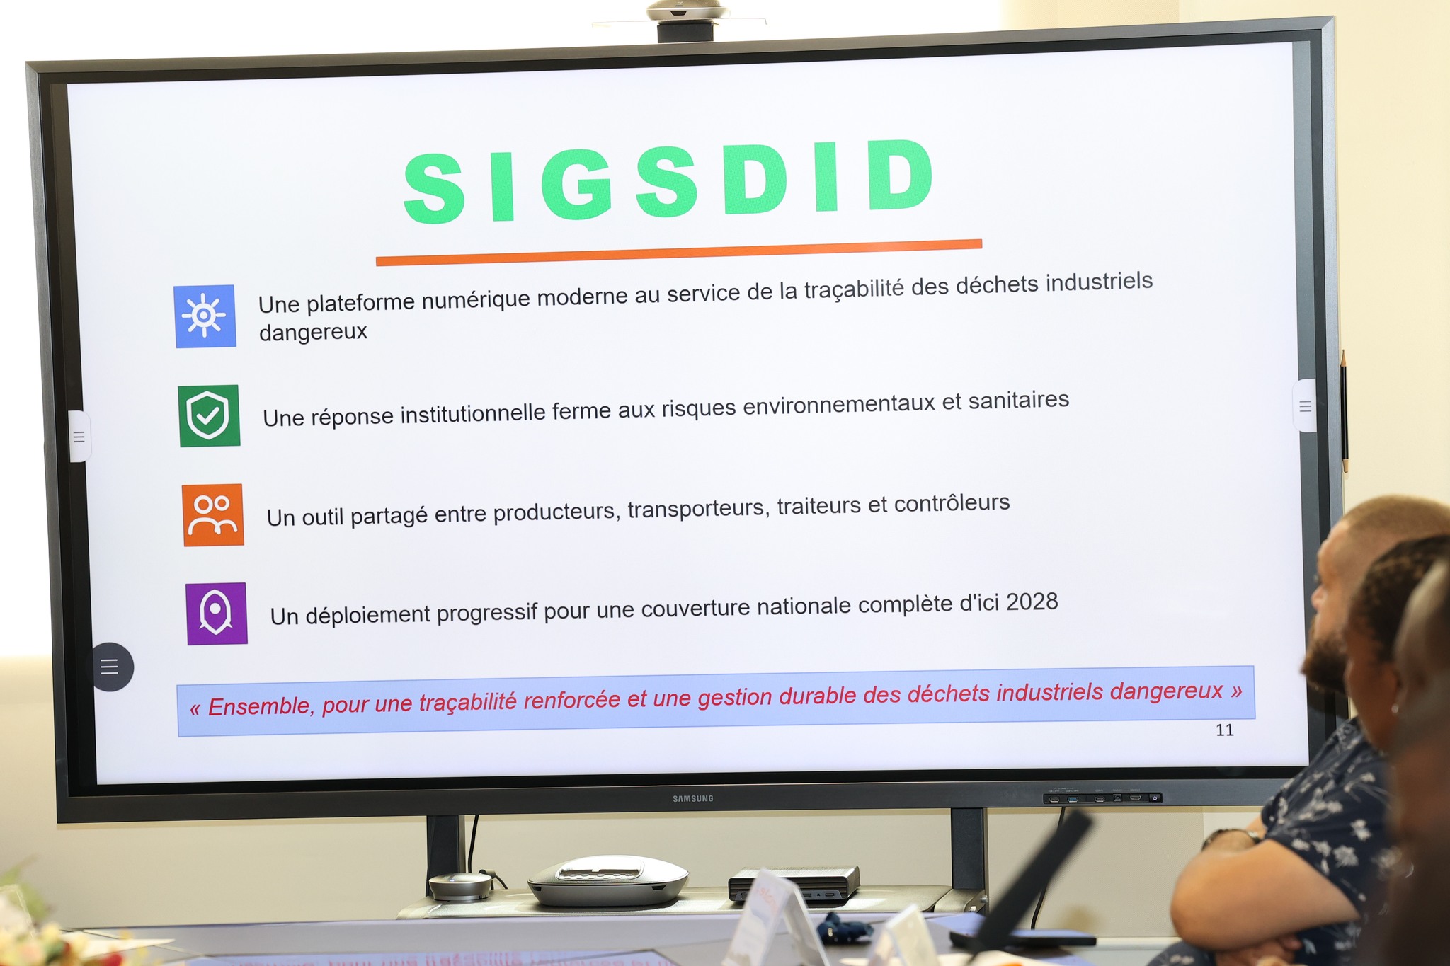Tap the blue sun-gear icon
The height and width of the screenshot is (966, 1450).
205,316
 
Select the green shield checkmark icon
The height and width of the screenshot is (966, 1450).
209,415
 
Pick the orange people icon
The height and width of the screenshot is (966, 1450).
213,514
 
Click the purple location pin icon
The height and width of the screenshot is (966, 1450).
217,614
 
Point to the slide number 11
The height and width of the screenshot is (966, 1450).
1225,730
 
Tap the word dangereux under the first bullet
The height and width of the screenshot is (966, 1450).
313,332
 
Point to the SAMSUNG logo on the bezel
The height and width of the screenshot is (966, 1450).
693,798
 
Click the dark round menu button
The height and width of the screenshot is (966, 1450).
112,667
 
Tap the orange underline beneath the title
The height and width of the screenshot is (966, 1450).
679,253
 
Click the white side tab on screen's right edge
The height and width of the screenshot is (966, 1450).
1304,406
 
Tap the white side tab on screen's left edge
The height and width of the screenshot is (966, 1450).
79,437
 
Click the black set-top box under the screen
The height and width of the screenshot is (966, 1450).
794,884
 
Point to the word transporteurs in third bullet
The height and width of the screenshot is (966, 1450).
698,509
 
